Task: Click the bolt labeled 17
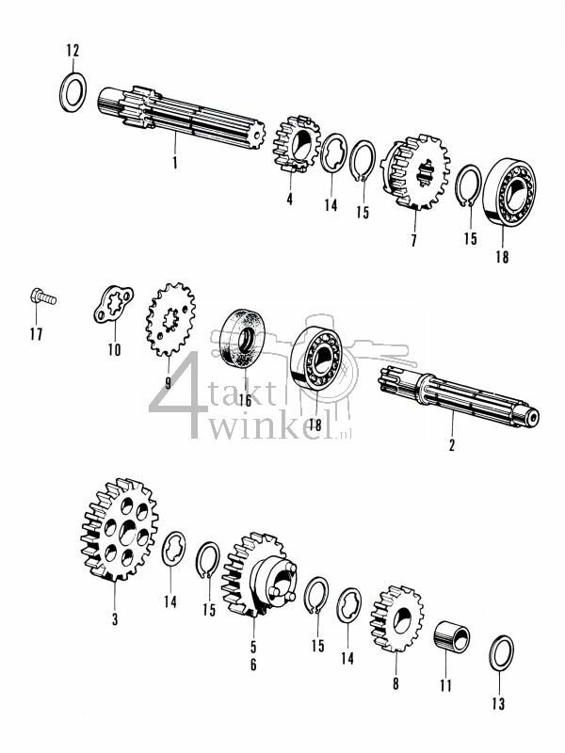43,297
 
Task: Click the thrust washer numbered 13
502,653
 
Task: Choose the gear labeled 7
413,178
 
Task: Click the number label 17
36,333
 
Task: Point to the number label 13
498,702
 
